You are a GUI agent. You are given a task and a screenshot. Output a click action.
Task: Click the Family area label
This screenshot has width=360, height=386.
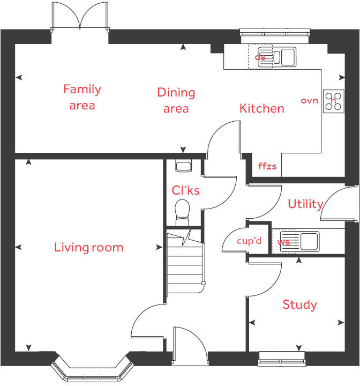(x=82, y=97)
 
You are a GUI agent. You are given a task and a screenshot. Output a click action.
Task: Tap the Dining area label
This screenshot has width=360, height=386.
(x=176, y=100)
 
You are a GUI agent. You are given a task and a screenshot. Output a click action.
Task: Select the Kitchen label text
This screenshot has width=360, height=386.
(x=261, y=109)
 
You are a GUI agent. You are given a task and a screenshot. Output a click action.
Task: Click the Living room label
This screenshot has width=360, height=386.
(x=88, y=247)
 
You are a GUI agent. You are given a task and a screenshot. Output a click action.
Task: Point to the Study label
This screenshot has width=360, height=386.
(x=299, y=305)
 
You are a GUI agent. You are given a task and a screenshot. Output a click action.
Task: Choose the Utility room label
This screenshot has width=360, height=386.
(x=305, y=204)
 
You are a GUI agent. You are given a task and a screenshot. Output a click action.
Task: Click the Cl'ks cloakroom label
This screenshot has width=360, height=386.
(x=185, y=190)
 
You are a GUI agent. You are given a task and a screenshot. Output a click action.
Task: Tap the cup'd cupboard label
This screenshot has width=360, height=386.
(x=249, y=241)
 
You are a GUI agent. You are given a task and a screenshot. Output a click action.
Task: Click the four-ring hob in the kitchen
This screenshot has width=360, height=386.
(x=333, y=100)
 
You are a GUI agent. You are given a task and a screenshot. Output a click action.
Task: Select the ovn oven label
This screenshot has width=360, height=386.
(x=309, y=100)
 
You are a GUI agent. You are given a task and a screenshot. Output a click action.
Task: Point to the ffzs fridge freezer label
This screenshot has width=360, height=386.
(x=267, y=166)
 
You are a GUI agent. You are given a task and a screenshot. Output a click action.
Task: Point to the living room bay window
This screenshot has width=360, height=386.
(x=92, y=370)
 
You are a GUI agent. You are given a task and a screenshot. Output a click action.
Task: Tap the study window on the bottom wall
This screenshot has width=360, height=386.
(x=281, y=358)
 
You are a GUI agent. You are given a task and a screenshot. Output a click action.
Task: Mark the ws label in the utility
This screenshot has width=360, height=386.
(x=283, y=242)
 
